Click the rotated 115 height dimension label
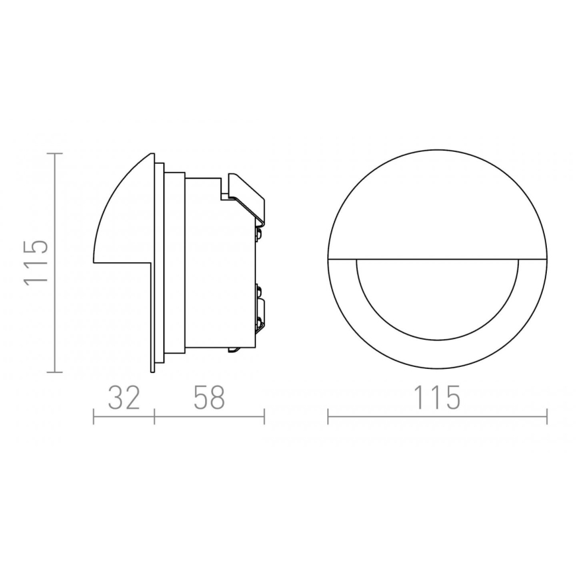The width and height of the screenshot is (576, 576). pyautogui.click(x=36, y=262)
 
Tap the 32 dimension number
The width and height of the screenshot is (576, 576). pyautogui.click(x=123, y=398)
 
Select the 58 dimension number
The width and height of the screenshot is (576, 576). pyautogui.click(x=209, y=398)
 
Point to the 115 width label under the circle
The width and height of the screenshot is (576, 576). pyautogui.click(x=437, y=398)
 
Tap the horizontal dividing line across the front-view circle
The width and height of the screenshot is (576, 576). pyautogui.click(x=437, y=257)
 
